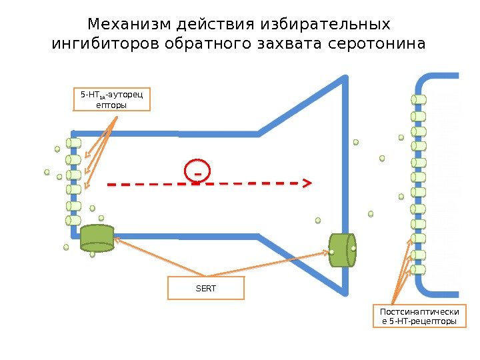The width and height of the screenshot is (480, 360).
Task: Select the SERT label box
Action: [x=206, y=288]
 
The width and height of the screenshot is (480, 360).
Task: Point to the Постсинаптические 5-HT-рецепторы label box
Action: [x=419, y=317]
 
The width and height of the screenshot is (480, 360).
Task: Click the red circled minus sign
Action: [x=197, y=171]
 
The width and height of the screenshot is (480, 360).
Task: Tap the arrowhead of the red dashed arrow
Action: [x=309, y=181]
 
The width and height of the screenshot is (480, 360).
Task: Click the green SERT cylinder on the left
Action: [x=97, y=238]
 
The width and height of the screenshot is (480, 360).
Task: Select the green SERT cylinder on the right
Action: [x=341, y=250]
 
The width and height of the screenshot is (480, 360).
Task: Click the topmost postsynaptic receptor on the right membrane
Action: [x=419, y=100]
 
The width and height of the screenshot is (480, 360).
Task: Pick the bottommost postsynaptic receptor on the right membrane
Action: [x=418, y=270]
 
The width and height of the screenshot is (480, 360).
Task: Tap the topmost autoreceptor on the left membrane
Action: [x=73, y=143]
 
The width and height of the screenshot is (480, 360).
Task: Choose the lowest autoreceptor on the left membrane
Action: [x=73, y=221]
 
